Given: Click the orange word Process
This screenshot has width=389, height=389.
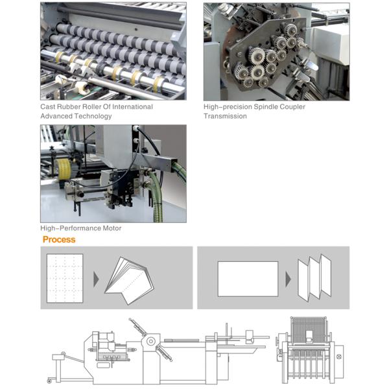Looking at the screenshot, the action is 59,239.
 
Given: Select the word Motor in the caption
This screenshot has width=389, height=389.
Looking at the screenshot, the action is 112,228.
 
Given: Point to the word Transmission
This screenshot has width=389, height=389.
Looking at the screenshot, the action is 225,116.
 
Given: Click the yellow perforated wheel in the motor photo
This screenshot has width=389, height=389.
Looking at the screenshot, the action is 64,169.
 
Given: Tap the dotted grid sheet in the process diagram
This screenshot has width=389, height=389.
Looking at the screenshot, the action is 65,278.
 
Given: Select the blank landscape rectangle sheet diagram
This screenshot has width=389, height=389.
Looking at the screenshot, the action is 248,279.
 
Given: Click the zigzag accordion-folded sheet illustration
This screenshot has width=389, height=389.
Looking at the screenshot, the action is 314,277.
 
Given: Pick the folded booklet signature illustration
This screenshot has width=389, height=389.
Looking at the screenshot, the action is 130,281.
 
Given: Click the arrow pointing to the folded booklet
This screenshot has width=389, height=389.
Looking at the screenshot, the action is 96,279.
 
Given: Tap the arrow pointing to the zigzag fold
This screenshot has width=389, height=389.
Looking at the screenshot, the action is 288,279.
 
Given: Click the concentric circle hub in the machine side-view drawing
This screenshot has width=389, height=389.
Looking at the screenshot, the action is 151,342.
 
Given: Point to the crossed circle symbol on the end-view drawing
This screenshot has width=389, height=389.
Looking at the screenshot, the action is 339,357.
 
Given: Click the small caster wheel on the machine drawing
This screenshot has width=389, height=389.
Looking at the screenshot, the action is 49,381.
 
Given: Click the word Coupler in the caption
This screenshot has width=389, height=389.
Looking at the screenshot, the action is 292,107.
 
